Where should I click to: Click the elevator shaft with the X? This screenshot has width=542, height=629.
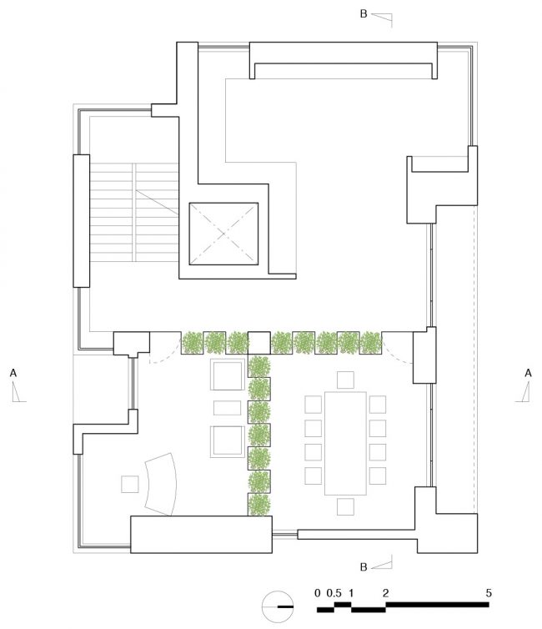223,234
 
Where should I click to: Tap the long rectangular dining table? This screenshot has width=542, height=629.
345,443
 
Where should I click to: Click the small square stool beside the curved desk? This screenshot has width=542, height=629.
130,484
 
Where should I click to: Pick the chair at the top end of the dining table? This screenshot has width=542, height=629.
345,380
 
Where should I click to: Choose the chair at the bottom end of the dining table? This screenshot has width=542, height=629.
345,506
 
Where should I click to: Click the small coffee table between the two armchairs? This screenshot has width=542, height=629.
228,408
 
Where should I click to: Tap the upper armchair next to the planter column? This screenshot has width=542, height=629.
228,375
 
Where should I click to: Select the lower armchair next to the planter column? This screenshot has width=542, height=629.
228,441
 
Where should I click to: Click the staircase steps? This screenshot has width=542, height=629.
134,213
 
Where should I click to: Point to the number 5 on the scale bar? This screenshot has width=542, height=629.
489,593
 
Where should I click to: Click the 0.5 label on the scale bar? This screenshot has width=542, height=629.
334,593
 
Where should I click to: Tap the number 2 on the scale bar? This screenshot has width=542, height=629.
385,593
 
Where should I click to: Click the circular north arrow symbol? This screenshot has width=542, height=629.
277,606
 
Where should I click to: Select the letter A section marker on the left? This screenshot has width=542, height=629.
13,374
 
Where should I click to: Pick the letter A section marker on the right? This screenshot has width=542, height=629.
528,374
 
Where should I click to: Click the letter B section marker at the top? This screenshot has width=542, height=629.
364,13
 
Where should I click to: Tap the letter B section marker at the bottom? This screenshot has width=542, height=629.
364,567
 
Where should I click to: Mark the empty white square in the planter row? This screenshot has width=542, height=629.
259,343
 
